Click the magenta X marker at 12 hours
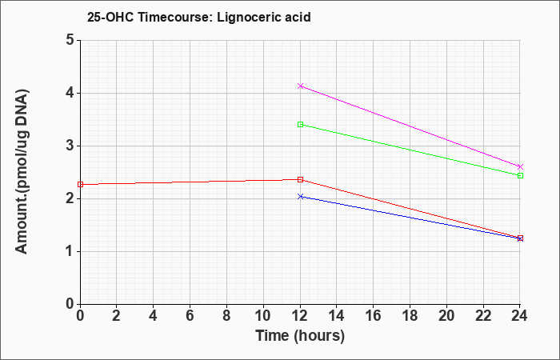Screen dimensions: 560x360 (x=300, y=86)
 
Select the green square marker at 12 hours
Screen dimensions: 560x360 (x=300, y=124)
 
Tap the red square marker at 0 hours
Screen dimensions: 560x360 (x=80, y=184)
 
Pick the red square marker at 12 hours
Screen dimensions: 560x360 (x=300, y=180)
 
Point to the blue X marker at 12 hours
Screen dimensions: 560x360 (x=300, y=197)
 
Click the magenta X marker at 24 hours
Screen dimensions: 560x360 (x=520, y=166)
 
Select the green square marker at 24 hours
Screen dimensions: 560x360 (x=520, y=175)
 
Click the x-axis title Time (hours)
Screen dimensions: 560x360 (x=300, y=336)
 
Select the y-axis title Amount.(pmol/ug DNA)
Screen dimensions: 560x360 (x=22, y=171)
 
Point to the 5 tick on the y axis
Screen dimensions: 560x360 (x=70, y=40)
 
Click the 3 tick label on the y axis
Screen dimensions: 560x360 (x=70, y=146)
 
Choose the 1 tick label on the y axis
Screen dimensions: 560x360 (x=70, y=251)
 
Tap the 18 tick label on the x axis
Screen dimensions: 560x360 (x=410, y=316)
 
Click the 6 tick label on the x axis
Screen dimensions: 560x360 (x=190, y=316)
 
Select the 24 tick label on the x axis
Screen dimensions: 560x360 (x=520, y=316)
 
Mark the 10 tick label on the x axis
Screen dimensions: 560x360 (x=263, y=316)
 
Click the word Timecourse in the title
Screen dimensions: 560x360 (x=175, y=17)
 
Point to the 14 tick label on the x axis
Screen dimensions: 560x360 (x=337, y=316)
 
